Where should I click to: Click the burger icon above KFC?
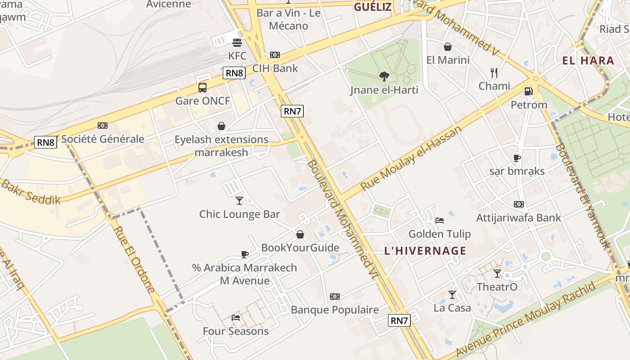(x=237, y=43)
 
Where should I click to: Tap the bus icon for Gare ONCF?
(x=202, y=87)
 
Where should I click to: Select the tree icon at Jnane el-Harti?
(x=384, y=76)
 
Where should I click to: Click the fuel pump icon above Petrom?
(x=529, y=91)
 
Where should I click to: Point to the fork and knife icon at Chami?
(x=494, y=72)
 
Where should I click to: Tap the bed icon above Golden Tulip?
(x=440, y=220)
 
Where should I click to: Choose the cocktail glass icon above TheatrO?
(x=497, y=273)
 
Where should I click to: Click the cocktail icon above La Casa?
(x=452, y=294)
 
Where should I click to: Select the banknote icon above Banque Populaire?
(x=334, y=297)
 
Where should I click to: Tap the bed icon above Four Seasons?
(x=236, y=318)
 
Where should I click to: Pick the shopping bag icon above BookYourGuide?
(x=300, y=234)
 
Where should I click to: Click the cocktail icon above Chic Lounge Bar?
(x=239, y=200)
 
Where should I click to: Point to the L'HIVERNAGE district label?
(x=425, y=251)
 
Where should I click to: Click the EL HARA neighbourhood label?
(x=588, y=61)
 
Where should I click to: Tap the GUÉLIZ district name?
(x=373, y=7)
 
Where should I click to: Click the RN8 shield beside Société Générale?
(x=46, y=143)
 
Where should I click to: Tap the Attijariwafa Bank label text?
(x=519, y=218)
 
